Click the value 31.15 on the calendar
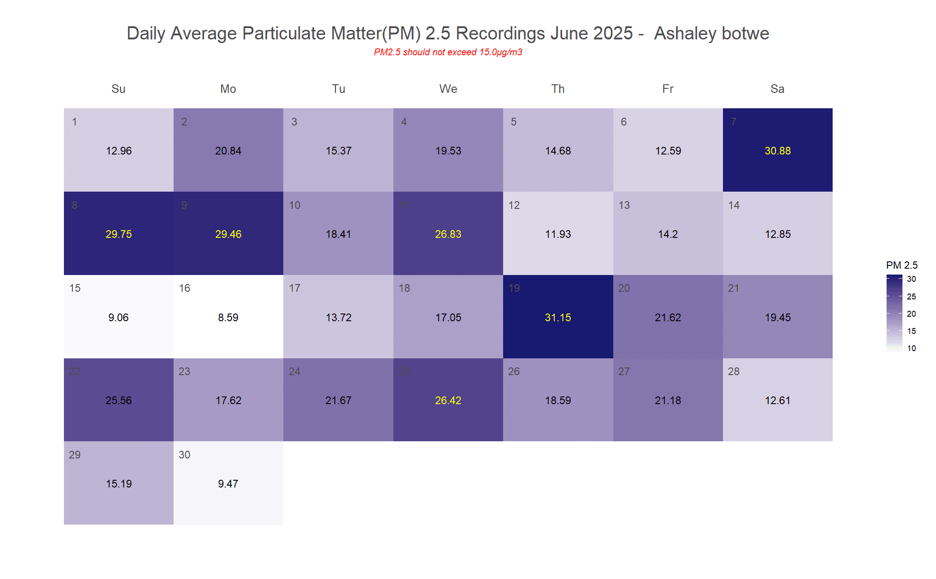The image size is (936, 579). pos(558,318)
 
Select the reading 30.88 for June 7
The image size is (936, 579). pos(777,151)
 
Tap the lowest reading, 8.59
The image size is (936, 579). pos(228,318)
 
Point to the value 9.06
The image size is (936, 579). pos(118,318)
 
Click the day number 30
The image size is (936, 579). pos(184,455)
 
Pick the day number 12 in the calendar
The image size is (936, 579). pos(514,205)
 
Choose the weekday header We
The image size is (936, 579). pos(448,89)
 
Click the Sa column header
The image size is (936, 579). pos(777,89)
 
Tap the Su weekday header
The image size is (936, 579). pos(118,89)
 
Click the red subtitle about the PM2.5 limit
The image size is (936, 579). pos(448,52)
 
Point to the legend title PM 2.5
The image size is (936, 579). pos(902,265)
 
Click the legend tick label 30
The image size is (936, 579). pos(911,279)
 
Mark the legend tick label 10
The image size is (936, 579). pos(911,348)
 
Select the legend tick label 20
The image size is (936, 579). pos(911,314)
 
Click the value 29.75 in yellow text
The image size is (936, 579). pos(118,234)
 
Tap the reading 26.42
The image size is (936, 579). pos(448,400)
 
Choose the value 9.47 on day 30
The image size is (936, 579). pos(228,484)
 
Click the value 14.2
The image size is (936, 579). pos(668,234)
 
